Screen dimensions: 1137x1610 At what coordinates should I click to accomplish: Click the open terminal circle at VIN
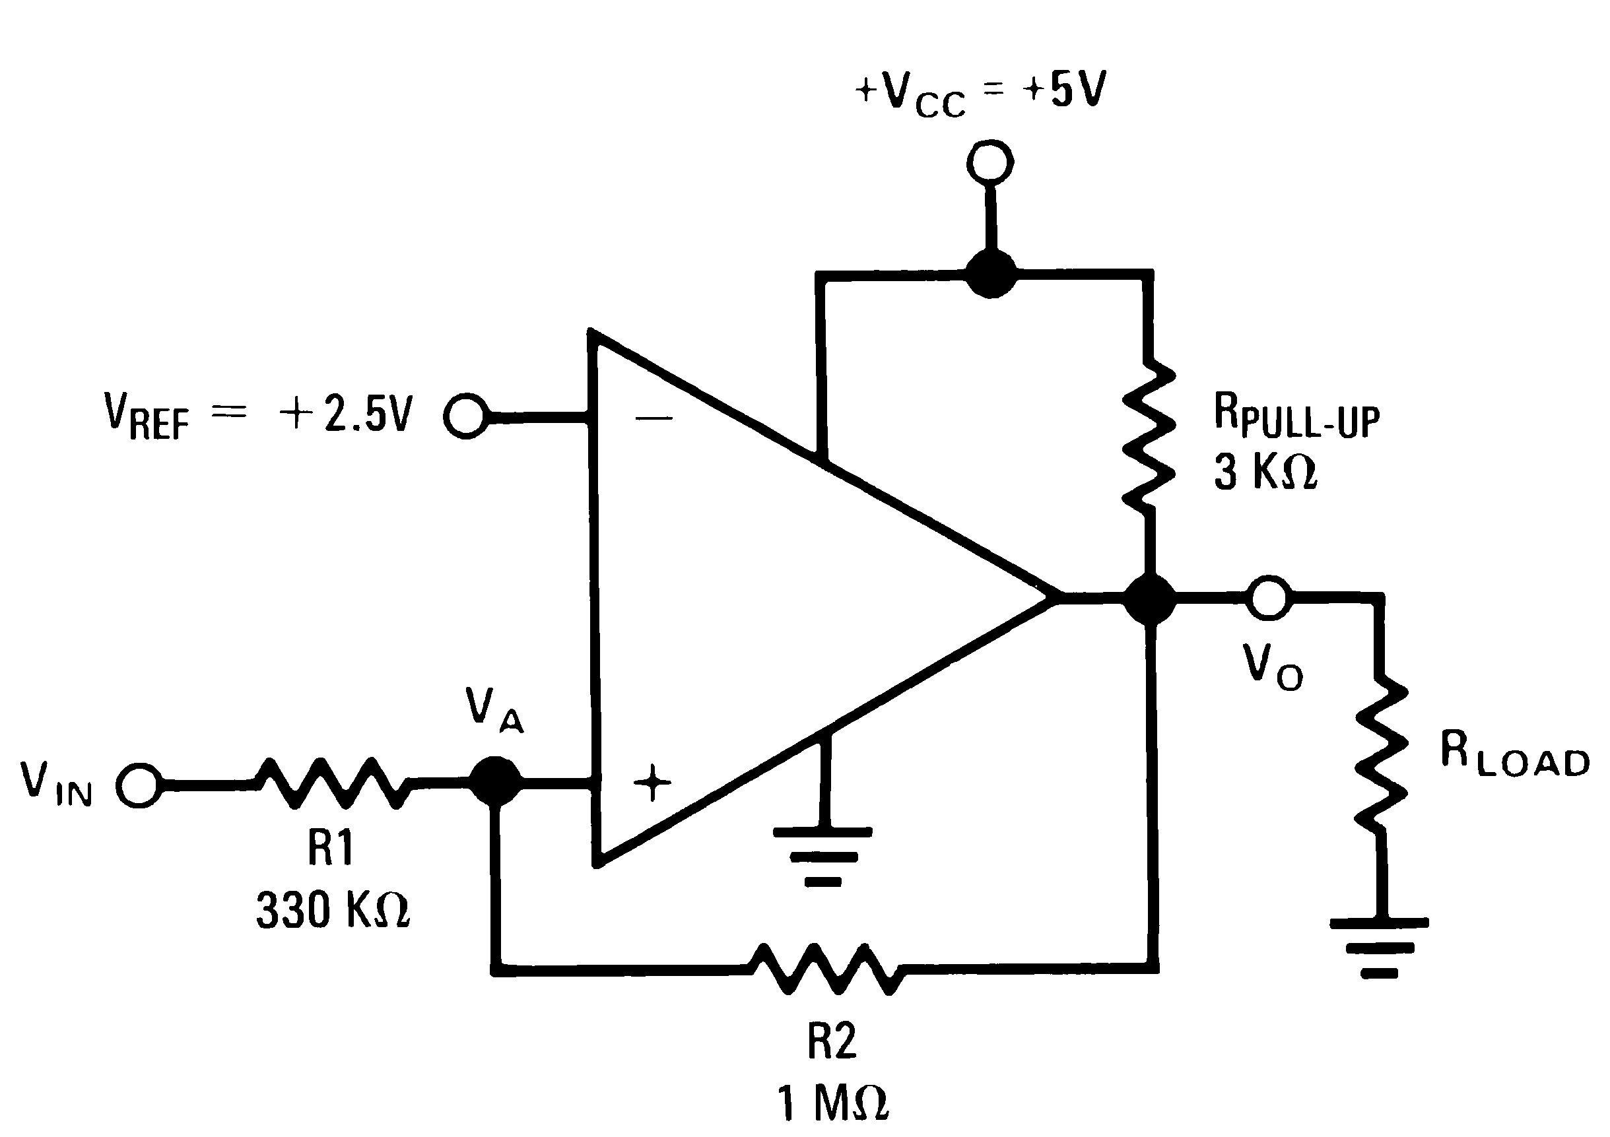pyautogui.click(x=139, y=785)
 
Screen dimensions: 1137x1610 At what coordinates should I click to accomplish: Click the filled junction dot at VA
pyautogui.click(x=496, y=781)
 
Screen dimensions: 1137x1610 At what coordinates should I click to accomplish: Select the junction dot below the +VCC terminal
pyautogui.click(x=991, y=273)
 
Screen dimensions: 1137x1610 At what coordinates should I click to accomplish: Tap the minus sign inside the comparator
pyautogui.click(x=654, y=418)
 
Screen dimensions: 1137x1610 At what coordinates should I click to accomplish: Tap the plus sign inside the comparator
pyautogui.click(x=652, y=781)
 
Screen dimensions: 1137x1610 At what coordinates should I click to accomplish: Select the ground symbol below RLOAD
pyautogui.click(x=1380, y=946)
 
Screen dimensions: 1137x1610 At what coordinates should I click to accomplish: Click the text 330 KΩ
pyautogui.click(x=333, y=910)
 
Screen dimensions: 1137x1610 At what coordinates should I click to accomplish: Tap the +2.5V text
pyautogui.click(x=346, y=414)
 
